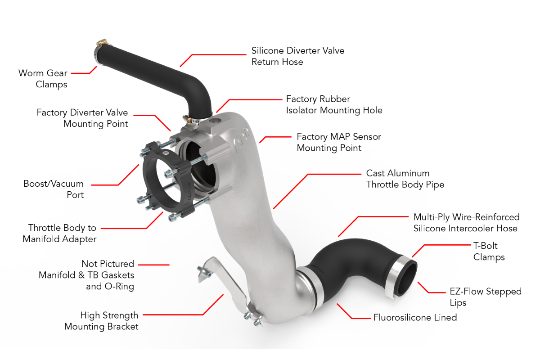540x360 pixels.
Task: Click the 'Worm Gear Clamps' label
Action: pos(43,79)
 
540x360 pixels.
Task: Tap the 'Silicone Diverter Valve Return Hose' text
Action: pos(298,56)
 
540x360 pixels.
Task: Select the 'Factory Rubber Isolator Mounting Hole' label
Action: pos(334,105)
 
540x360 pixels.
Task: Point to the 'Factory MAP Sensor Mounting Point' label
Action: pos(339,142)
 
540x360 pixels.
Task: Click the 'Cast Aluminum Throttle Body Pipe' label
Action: pos(405,179)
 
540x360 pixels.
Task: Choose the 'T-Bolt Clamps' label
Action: pos(489,252)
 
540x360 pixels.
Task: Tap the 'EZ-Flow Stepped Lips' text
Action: pos(486,297)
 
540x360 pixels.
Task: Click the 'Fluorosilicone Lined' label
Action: pos(415,318)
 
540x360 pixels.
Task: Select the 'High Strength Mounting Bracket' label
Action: pos(101,321)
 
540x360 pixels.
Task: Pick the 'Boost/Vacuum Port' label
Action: pos(54,189)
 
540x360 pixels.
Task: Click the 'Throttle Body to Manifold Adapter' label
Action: pos(59,234)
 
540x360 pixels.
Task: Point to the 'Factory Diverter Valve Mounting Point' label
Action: pos(82,118)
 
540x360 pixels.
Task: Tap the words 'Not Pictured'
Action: pos(108,264)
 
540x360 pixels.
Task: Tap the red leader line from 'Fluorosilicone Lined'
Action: pos(353,311)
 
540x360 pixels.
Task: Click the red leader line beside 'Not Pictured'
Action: pos(154,265)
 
